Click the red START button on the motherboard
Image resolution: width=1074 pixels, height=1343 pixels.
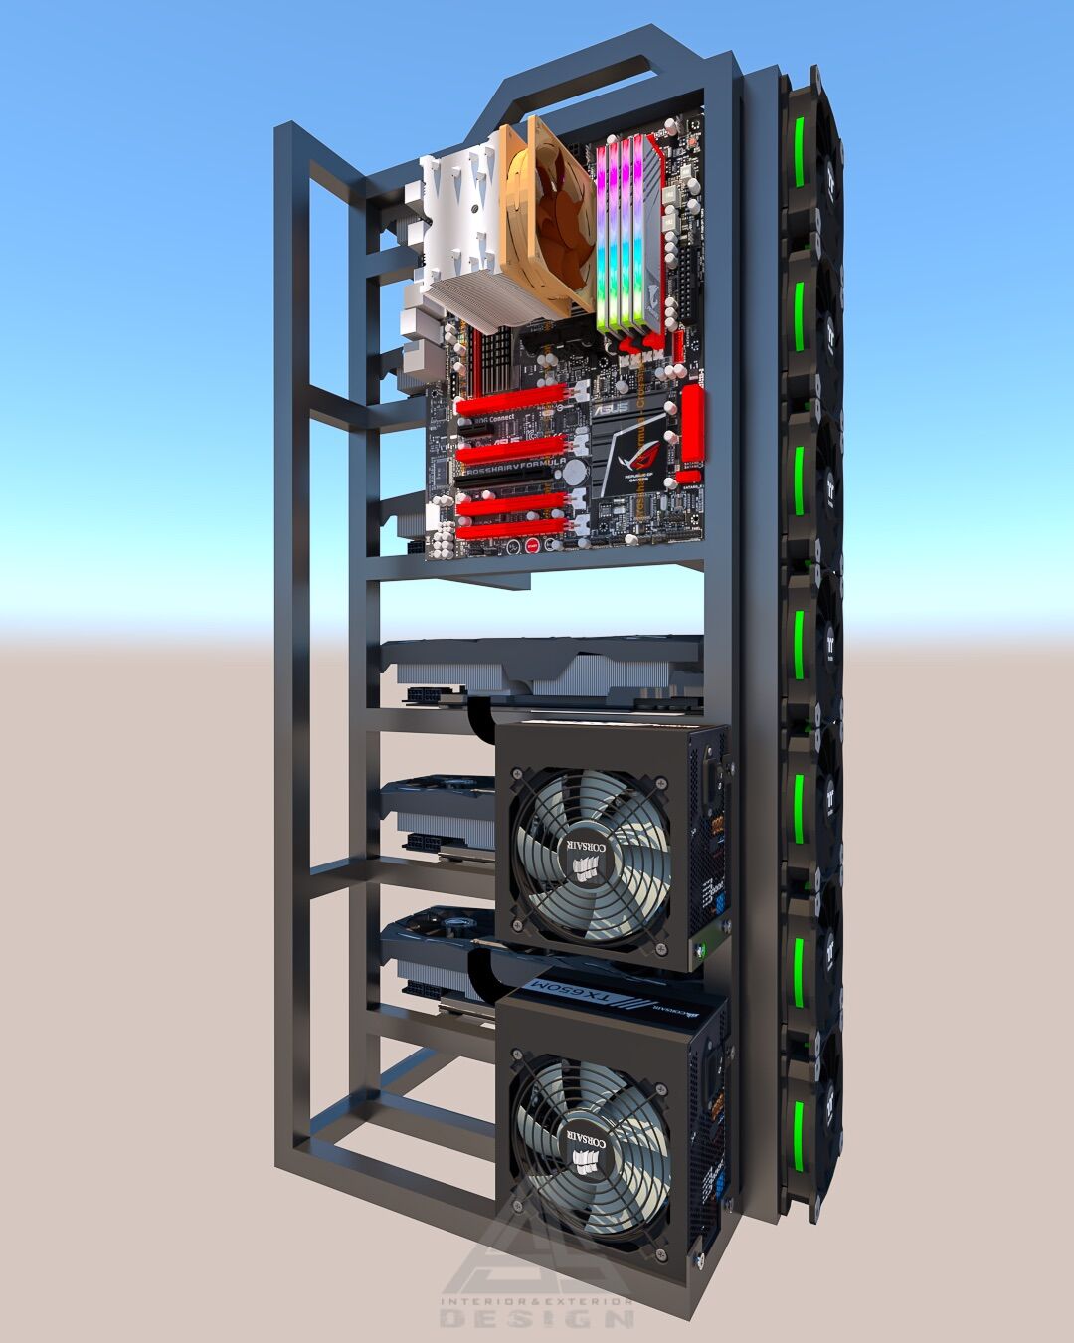click(533, 545)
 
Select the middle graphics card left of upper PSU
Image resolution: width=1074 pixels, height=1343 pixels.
click(438, 816)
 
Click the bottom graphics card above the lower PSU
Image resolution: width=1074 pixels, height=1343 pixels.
click(438, 955)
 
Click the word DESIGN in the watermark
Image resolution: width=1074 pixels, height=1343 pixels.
click(537, 1319)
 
